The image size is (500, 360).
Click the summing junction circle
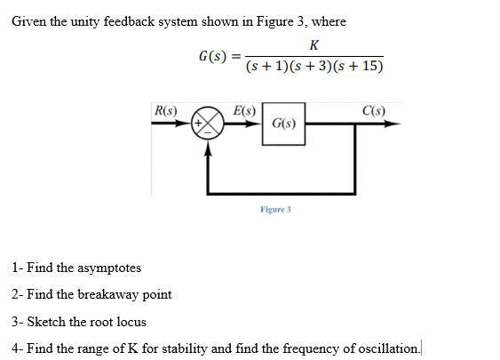click(210, 125)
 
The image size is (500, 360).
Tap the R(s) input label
click(165, 111)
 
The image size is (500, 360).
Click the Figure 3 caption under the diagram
click(275, 209)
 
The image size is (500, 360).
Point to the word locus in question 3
click(131, 321)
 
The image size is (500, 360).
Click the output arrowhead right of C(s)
click(392, 125)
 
